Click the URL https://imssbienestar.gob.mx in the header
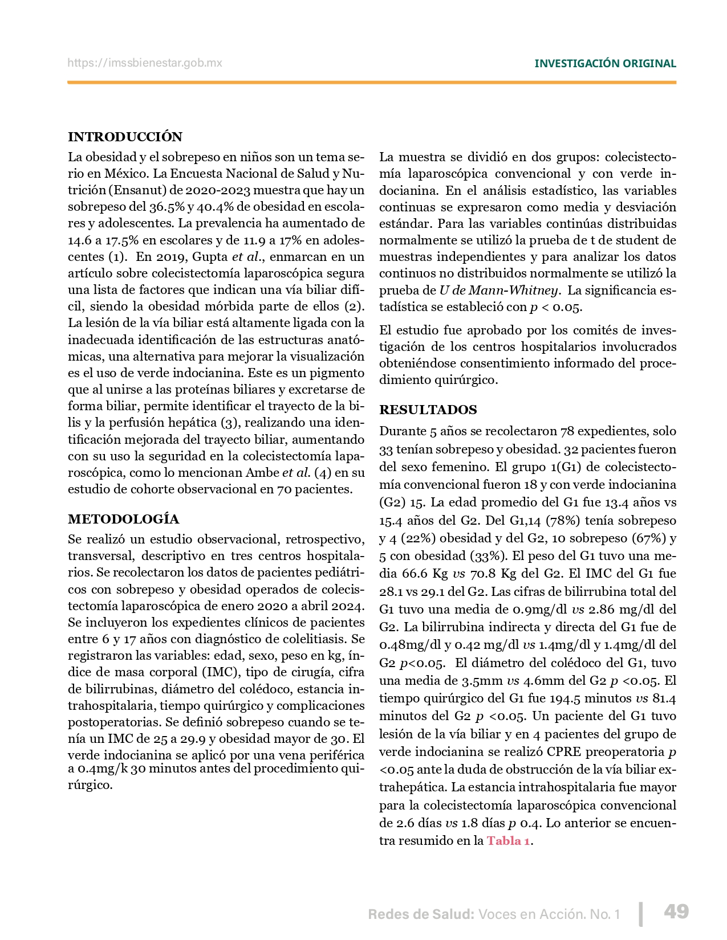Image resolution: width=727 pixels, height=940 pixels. [145, 63]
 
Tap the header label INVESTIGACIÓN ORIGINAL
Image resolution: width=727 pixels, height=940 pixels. [605, 64]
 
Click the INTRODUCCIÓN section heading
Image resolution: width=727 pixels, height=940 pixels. [125, 137]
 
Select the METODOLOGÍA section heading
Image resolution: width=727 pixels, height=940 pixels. [123, 519]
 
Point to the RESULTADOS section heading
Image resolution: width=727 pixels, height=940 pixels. [428, 410]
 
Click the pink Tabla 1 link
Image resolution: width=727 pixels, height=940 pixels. [508, 841]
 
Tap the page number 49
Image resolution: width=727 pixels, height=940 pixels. [676, 912]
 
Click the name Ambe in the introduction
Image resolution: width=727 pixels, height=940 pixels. [262, 472]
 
